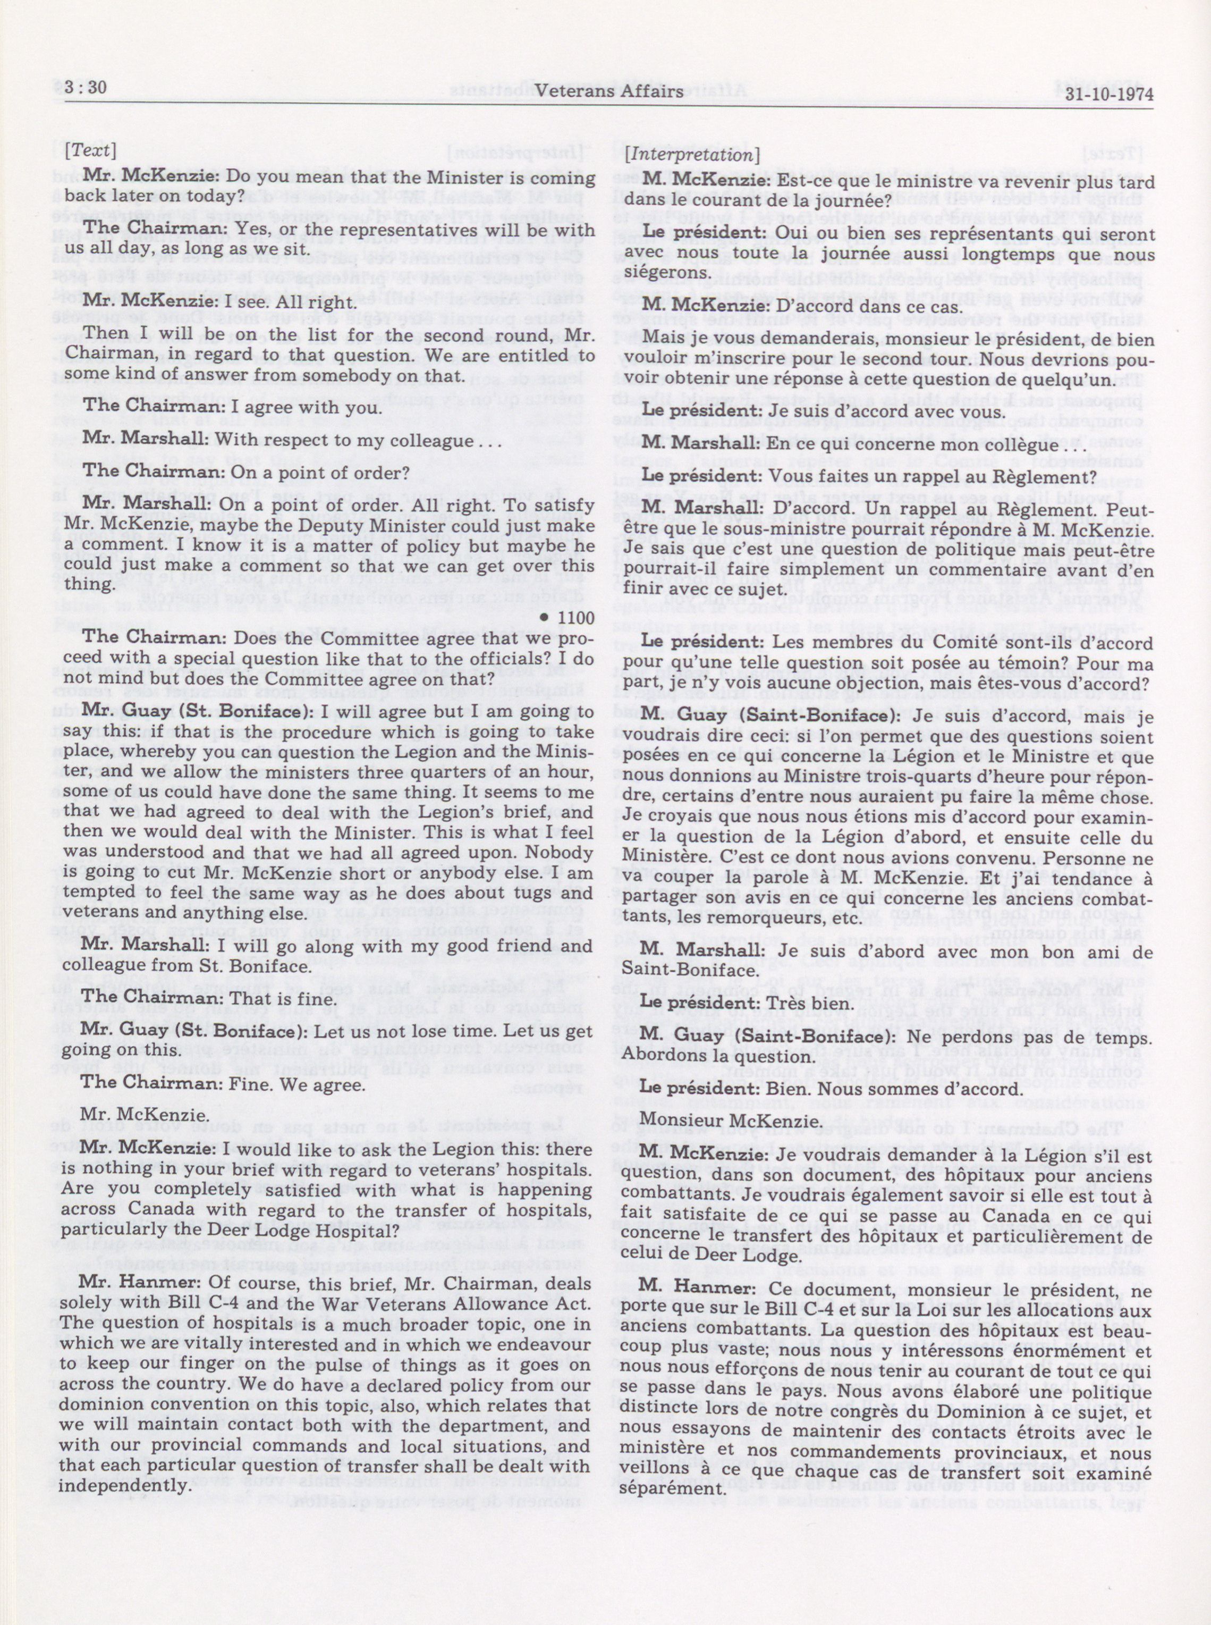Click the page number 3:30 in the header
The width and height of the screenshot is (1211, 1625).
coord(87,88)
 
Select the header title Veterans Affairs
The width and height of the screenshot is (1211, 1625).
coord(611,91)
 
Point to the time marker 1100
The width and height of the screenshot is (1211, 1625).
coord(576,618)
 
